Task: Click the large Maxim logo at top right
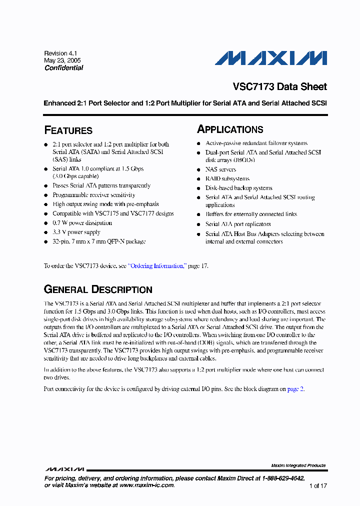click(270, 58)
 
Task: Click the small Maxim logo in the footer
click(64, 469)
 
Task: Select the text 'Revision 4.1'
click(60, 53)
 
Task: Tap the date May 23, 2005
click(62, 60)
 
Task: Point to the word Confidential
click(63, 68)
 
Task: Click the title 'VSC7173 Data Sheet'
click(279, 86)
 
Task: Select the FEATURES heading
click(68, 130)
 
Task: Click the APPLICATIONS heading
click(230, 129)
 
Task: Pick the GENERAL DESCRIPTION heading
click(98, 290)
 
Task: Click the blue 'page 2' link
click(295, 388)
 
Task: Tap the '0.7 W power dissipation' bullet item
click(82, 223)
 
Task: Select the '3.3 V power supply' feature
click(76, 232)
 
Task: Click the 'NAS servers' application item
click(220, 169)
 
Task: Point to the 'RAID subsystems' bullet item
click(227, 178)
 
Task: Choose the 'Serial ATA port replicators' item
click(238, 224)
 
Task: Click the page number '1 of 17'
click(317, 485)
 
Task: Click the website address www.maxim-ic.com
click(147, 485)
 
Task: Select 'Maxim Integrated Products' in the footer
click(298, 465)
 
